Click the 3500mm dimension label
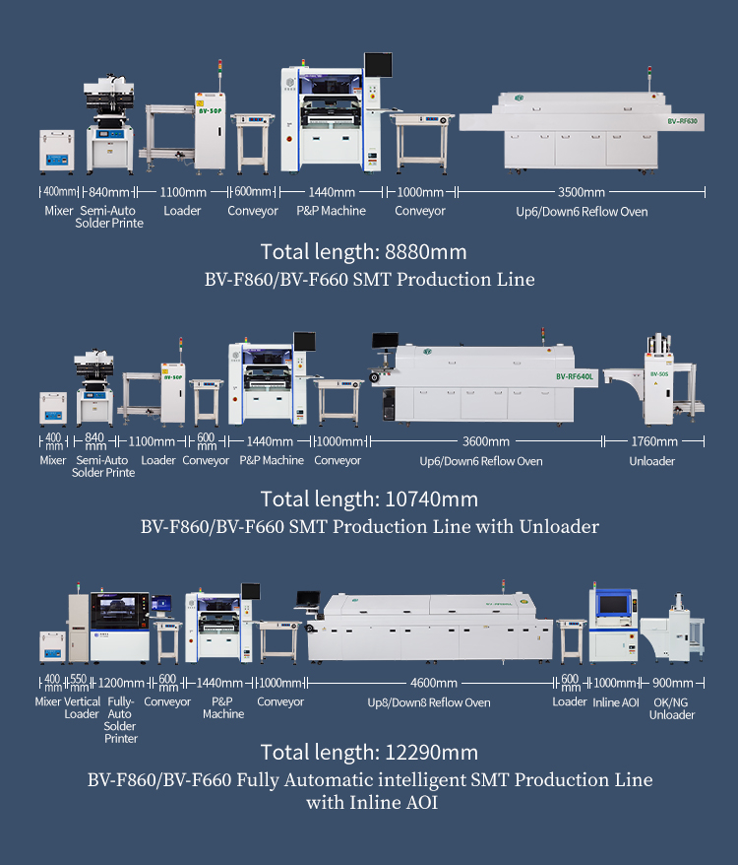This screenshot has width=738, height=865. (x=582, y=192)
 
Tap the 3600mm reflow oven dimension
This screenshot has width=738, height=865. (x=485, y=441)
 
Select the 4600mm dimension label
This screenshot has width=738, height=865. (x=434, y=683)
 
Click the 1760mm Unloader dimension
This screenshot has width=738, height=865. (x=654, y=441)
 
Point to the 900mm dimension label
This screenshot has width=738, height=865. (x=672, y=683)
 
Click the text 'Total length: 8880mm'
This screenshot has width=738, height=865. (x=364, y=252)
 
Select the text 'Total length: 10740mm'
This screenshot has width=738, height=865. (x=369, y=499)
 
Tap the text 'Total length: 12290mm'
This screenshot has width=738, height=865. (x=369, y=753)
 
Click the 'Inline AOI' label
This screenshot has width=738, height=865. (x=616, y=702)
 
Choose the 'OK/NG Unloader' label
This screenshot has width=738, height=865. (x=672, y=709)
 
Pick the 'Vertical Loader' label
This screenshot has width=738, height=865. (x=82, y=707)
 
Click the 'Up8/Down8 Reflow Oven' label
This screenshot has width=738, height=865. (x=429, y=702)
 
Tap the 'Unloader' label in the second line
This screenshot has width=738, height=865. (x=652, y=461)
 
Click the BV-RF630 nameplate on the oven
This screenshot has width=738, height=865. (x=682, y=121)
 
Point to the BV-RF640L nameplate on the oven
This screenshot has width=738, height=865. (x=575, y=376)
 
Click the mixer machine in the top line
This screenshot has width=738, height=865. (x=57, y=151)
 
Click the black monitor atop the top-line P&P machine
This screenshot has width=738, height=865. (x=378, y=65)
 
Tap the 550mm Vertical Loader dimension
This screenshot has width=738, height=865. (x=79, y=683)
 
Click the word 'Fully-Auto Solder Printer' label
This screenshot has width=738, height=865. (x=120, y=720)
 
